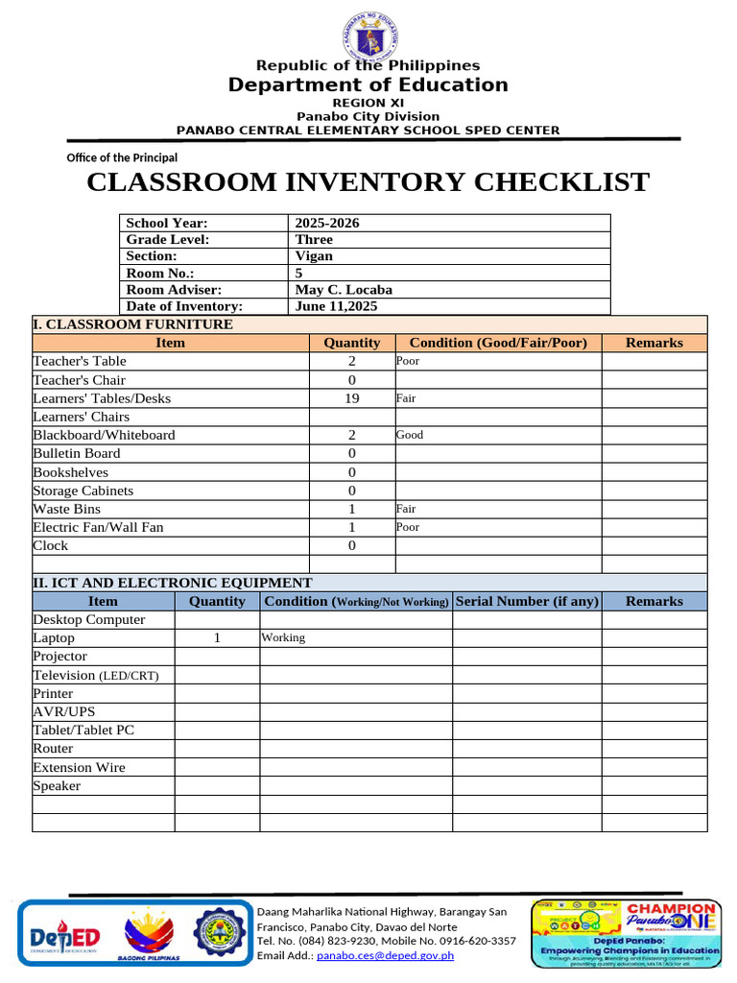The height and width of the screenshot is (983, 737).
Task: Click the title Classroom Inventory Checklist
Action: click(368, 182)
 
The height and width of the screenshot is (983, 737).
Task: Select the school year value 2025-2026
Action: click(327, 223)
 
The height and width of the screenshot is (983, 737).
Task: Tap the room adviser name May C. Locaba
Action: click(344, 289)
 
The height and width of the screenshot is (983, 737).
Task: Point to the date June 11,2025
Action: click(336, 306)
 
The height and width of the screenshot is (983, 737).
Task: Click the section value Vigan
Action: click(314, 256)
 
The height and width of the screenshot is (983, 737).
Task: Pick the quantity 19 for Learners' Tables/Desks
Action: click(351, 398)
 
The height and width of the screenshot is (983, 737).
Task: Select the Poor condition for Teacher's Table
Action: click(407, 362)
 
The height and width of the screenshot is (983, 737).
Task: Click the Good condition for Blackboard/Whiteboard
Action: click(409, 435)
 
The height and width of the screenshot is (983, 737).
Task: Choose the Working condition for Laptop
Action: click(283, 637)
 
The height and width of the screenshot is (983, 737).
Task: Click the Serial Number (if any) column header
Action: click(527, 601)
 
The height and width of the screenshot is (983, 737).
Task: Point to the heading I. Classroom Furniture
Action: click(132, 324)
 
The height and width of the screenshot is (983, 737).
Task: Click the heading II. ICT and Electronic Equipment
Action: click(172, 583)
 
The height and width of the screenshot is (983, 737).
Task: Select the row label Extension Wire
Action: click(79, 767)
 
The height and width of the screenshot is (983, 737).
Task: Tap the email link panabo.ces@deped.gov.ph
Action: click(385, 955)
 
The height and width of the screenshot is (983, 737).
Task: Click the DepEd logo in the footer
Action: click(64, 934)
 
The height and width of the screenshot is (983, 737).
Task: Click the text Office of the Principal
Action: click(122, 157)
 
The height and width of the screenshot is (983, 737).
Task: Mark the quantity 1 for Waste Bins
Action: click(351, 509)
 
